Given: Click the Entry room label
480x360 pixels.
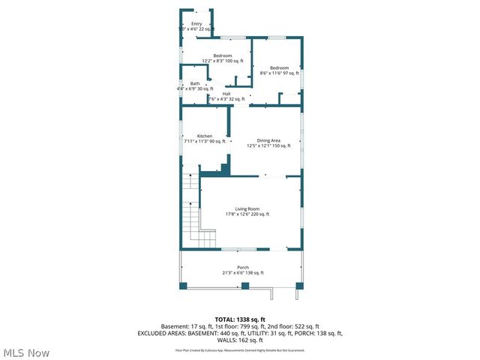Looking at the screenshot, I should [196, 24].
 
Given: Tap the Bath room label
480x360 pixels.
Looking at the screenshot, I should [195, 83].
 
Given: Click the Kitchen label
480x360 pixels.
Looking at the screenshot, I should [194, 136].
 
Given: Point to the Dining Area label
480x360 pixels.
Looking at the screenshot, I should [268, 140].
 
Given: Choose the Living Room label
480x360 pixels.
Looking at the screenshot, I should [247, 208].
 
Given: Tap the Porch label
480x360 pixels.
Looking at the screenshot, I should [243, 268].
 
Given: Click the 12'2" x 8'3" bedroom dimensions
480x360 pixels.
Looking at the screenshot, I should [222, 61].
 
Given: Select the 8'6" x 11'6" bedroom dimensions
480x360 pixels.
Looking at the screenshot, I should [279, 73].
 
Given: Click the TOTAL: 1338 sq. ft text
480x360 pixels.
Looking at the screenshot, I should [240, 320].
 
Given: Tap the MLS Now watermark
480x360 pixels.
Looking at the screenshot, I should [26, 352].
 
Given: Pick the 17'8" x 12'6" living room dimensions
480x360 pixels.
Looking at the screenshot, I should [247, 214].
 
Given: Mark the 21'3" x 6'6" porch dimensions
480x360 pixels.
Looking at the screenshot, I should [242, 273].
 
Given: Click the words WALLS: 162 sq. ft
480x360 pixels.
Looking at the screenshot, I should [240, 340].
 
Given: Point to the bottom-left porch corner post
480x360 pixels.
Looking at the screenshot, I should [182, 286].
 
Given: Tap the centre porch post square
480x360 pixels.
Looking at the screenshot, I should [244, 286].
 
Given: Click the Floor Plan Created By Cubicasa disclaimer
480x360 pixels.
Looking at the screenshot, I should [240, 350].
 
